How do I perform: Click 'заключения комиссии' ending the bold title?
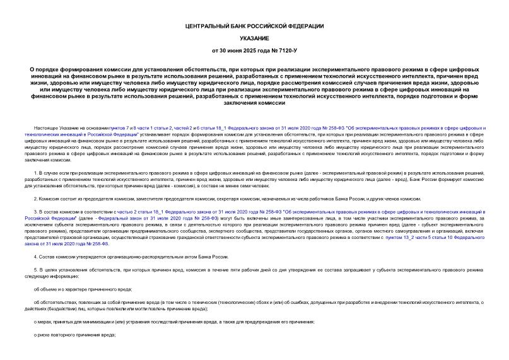[x=254, y=103]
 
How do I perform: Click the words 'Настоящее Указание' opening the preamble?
[x=54, y=127]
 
